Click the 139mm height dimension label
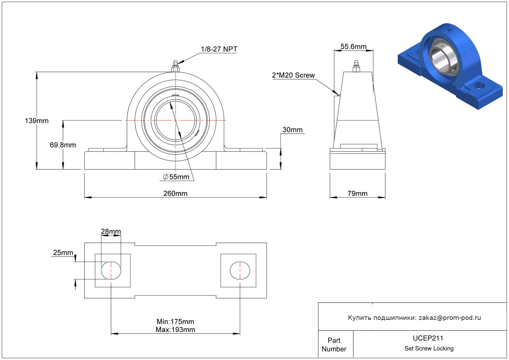(36, 121)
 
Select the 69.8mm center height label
(63, 145)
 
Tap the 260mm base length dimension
(176, 193)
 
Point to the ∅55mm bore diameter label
(176, 177)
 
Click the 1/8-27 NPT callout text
(219, 49)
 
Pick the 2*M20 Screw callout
(293, 75)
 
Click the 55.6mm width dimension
(353, 47)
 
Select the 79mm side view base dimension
(358, 193)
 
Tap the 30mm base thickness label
(292, 130)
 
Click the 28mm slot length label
(111, 231)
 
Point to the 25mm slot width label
(63, 252)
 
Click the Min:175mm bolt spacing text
(176, 322)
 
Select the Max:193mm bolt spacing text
(176, 329)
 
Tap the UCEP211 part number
(428, 338)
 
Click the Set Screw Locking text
(429, 348)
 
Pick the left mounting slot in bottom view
(111, 270)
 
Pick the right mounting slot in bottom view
(240, 270)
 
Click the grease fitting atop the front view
(176, 66)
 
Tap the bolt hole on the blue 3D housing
(478, 86)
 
